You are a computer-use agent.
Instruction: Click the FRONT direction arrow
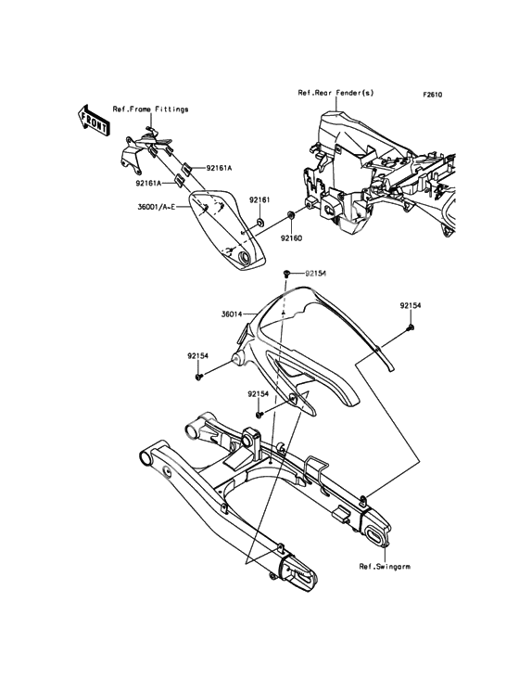pyautogui.click(x=93, y=120)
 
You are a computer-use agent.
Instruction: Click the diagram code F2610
pyautogui.click(x=433, y=95)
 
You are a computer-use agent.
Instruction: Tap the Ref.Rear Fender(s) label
pyautogui.click(x=336, y=93)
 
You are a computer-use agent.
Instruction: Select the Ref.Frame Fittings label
pyautogui.click(x=150, y=109)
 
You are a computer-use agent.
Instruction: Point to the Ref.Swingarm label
pyautogui.click(x=385, y=566)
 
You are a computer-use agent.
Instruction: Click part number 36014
pyautogui.click(x=232, y=314)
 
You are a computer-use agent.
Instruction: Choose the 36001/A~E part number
pyautogui.click(x=156, y=207)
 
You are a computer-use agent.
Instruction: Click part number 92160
pyautogui.click(x=291, y=238)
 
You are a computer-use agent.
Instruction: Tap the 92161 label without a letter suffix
pyautogui.click(x=259, y=200)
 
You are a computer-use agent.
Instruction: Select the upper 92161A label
pyautogui.click(x=219, y=168)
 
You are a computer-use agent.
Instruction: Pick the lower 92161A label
pyautogui.click(x=148, y=183)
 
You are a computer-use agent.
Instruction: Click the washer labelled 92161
pyautogui.click(x=260, y=223)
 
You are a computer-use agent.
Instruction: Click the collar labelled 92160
pyautogui.click(x=291, y=214)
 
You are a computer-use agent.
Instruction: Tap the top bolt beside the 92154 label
pyautogui.click(x=286, y=274)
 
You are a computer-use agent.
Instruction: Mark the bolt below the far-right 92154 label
pyautogui.click(x=410, y=327)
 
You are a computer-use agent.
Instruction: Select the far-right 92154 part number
pyautogui.click(x=410, y=306)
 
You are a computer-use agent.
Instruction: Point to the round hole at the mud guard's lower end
pyautogui.click(x=244, y=259)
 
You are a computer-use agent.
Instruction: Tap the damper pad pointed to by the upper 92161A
pyautogui.click(x=186, y=168)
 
